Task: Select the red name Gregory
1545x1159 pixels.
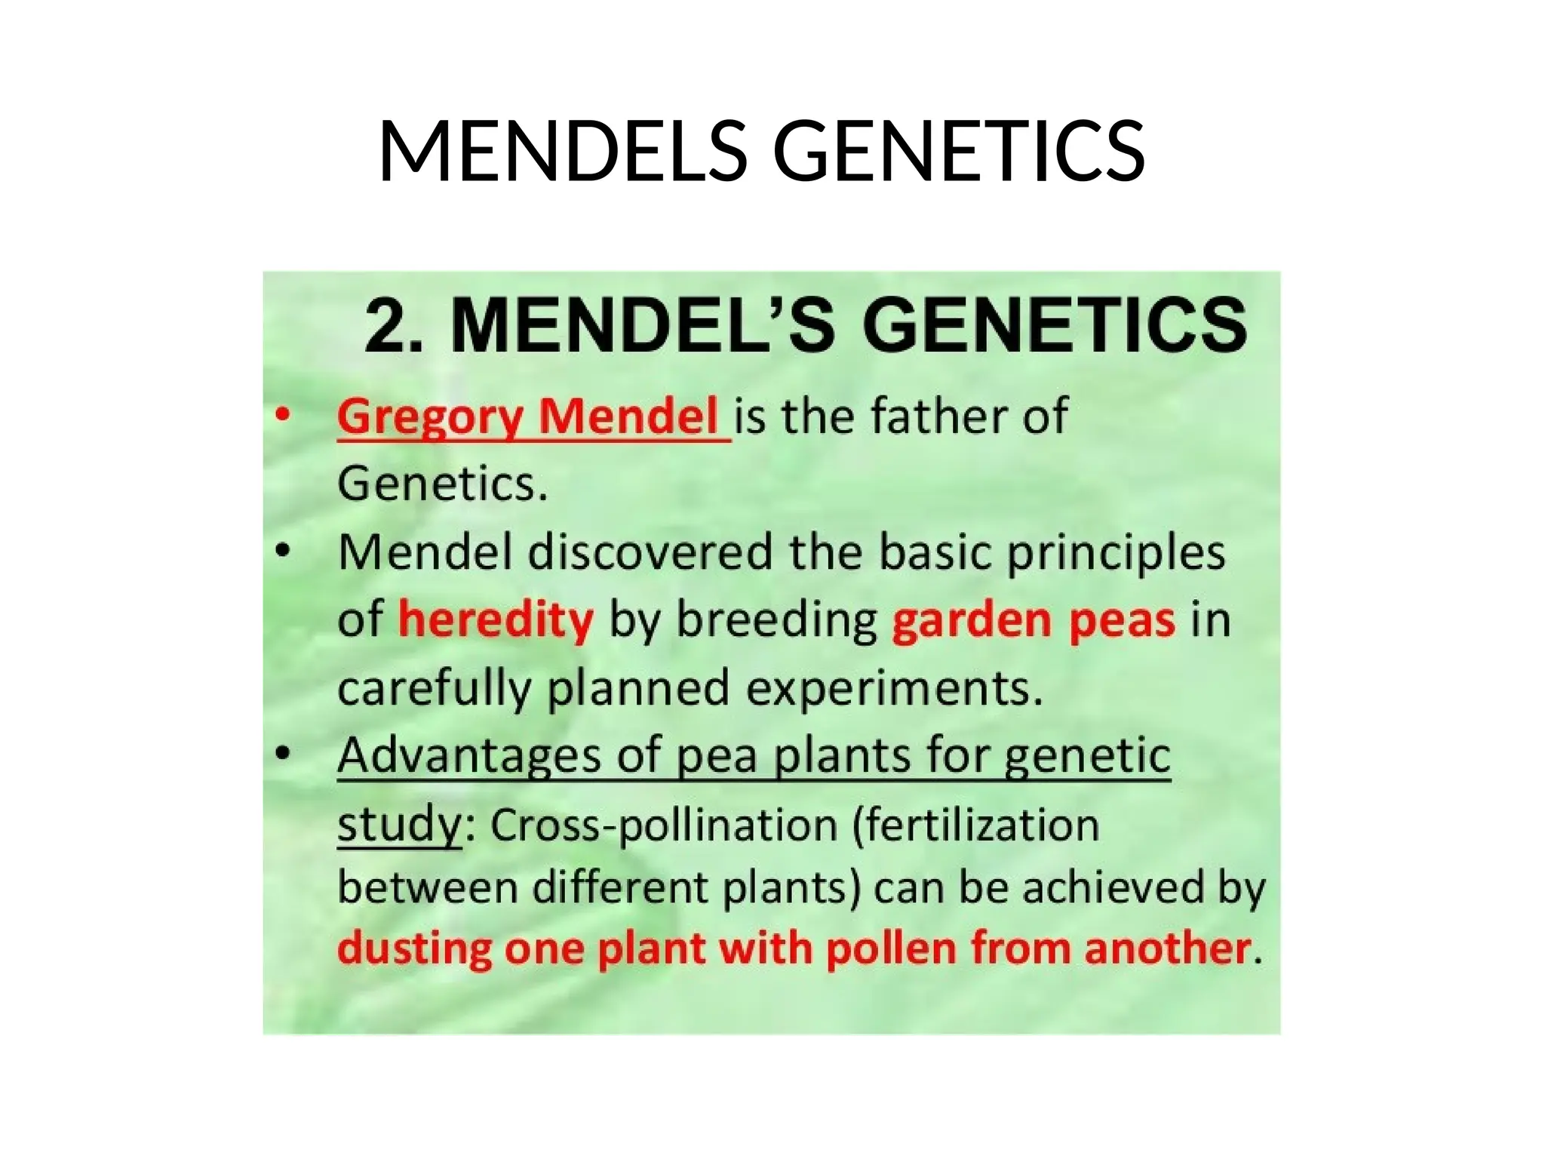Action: pos(431,417)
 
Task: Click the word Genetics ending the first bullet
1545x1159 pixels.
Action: pos(441,484)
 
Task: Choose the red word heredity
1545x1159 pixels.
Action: pos(496,621)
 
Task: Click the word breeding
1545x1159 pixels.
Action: pos(777,621)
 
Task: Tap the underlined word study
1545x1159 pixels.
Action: pos(398,825)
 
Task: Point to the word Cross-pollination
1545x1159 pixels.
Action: pos(664,825)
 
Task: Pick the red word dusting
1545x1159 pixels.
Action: pos(414,948)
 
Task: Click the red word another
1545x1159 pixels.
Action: pos(1167,948)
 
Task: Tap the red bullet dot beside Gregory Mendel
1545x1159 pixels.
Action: pos(282,415)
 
